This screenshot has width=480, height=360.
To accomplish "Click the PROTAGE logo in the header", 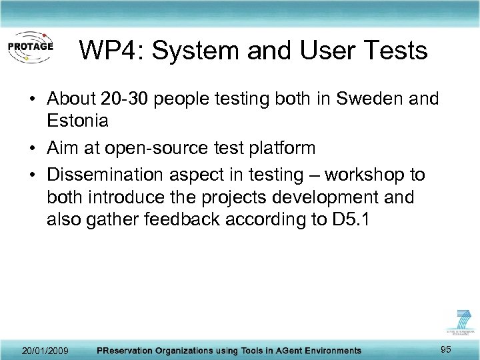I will pyautogui.click(x=30, y=47).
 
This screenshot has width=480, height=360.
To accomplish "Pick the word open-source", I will pyautogui.click(x=160, y=148).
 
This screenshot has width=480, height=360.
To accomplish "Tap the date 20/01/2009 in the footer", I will pyautogui.click(x=45, y=350).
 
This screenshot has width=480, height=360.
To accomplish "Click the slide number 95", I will pyautogui.click(x=446, y=349).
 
